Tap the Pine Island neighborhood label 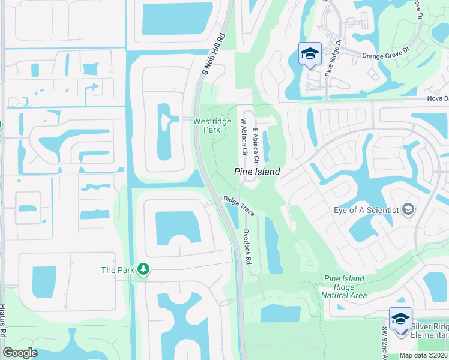257,172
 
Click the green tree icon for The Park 143,270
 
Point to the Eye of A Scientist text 366,210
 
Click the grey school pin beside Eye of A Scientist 408,209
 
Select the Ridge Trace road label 239,206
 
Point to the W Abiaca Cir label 244,137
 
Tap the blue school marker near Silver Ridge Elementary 400,319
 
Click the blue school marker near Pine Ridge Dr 310,54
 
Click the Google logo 20,353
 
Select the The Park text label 117,270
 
